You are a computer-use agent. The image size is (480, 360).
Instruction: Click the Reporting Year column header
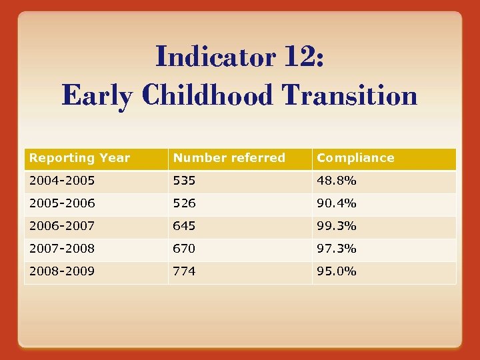tap(80, 158)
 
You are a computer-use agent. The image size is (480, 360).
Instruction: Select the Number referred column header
tap(229, 158)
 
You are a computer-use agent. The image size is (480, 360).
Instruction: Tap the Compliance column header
tap(355, 158)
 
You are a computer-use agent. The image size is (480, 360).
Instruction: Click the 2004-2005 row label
tap(62, 181)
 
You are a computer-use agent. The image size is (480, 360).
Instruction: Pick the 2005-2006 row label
tap(62, 203)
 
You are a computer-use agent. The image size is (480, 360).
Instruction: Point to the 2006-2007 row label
tap(62, 226)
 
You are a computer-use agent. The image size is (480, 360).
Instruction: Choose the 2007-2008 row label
tap(62, 249)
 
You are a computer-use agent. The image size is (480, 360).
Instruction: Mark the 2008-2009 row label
tap(62, 271)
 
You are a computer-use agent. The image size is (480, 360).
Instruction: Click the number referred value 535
tap(185, 181)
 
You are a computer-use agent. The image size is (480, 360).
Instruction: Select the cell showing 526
tap(185, 203)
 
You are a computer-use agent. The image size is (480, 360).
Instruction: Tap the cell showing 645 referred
tap(185, 226)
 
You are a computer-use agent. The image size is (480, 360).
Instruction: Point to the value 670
tap(185, 249)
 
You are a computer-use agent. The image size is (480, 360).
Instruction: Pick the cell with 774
tap(185, 271)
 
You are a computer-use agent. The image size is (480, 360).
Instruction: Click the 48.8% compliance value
tap(337, 181)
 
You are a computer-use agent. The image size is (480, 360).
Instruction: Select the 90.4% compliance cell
tap(337, 203)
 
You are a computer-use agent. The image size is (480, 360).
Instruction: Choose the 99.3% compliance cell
tap(337, 226)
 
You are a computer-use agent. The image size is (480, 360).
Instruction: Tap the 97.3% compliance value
tap(337, 249)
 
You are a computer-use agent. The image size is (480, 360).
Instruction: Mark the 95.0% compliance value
tap(337, 271)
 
